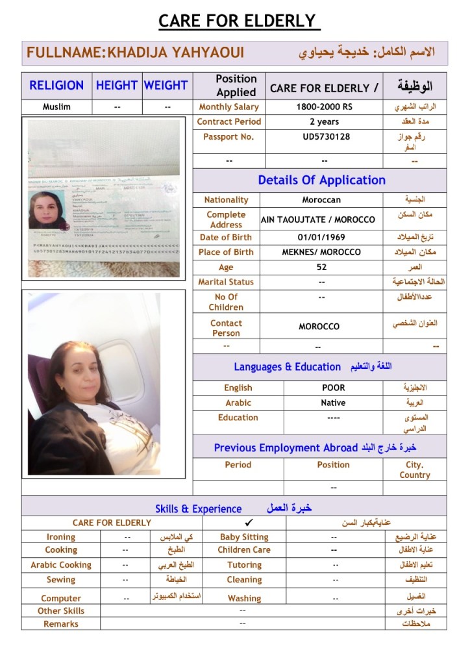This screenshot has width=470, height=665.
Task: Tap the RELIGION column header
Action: pos(56,85)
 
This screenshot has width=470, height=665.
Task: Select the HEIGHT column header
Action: pos(117,85)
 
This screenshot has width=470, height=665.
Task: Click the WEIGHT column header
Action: pos(166,85)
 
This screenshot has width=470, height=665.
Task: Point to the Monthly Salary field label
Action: pos(229,107)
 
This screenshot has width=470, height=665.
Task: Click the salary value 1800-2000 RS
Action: pos(324,107)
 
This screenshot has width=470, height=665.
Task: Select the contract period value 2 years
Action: pos(324,121)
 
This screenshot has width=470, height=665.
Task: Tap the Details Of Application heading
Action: pos(321,181)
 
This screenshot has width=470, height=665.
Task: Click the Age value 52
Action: pos(321,267)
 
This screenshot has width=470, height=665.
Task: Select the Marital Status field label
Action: pos(226,282)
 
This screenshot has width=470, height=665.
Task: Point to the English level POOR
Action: pos(333,388)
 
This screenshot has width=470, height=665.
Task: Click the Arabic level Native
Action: pos(333,403)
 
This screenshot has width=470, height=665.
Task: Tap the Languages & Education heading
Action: pos(287,367)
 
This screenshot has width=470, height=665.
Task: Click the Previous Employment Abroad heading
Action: pos(286,447)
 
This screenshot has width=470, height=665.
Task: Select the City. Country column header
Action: pos(415,470)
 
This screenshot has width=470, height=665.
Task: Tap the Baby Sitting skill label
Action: pos(244,537)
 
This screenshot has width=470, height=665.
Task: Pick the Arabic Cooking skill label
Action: pos(61,565)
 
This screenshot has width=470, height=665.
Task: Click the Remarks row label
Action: pos(61,624)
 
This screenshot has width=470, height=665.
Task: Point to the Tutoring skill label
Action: pos(244,565)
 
